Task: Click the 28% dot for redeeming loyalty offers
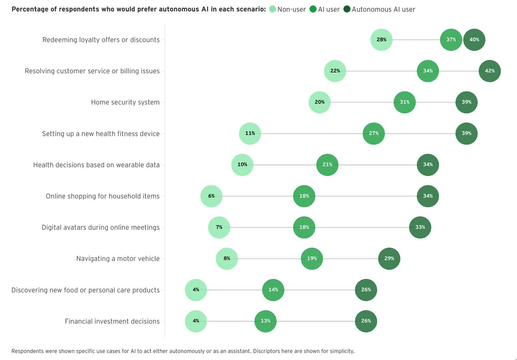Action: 381,40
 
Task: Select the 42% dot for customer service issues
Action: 490,71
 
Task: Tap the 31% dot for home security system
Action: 405,102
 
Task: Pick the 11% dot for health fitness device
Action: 250,134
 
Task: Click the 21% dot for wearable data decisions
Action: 327,165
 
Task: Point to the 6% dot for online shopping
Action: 211,196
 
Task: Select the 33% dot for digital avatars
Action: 420,227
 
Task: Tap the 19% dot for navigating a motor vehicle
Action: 312,259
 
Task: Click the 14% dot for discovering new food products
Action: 273,290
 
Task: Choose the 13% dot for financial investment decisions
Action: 265,321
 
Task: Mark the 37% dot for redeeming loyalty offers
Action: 451,40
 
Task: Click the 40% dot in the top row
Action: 474,40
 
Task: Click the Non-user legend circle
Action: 272,9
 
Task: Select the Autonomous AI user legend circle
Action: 347,9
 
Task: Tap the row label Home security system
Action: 125,102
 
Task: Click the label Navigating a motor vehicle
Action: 118,259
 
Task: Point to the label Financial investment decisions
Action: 112,321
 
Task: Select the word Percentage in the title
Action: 31,9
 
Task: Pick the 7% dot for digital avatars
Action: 219,227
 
